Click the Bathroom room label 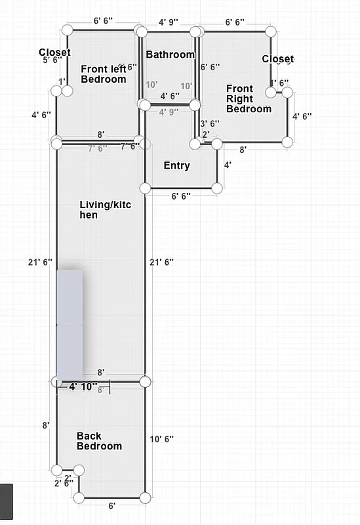click(170, 54)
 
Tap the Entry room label click(176, 165)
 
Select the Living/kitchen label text click(105, 210)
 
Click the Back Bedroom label click(99, 441)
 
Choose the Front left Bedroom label click(103, 73)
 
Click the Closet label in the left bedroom click(54, 52)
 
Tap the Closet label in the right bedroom click(278, 59)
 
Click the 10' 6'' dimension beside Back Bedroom click(162, 438)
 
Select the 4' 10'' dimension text click(83, 387)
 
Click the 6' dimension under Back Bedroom click(112, 506)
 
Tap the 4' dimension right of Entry click(228, 165)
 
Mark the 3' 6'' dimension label click(209, 123)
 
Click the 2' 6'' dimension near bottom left click(64, 484)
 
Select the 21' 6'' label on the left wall click(40, 262)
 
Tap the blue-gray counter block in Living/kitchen click(70, 324)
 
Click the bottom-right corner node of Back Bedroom click(146, 498)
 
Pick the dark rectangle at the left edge click(6, 501)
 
